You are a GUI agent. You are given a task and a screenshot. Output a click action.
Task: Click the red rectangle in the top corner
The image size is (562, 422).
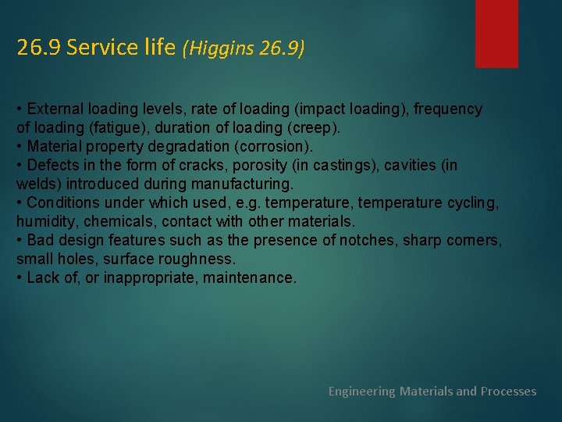click(x=496, y=33)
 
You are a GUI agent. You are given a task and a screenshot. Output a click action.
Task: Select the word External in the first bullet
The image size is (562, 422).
click(x=55, y=109)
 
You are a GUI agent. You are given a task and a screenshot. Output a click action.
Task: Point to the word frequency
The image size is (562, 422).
click(x=447, y=109)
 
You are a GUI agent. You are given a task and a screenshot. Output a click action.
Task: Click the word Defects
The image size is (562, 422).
click(x=52, y=166)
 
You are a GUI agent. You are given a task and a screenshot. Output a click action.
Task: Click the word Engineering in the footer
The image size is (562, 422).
click(x=361, y=391)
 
